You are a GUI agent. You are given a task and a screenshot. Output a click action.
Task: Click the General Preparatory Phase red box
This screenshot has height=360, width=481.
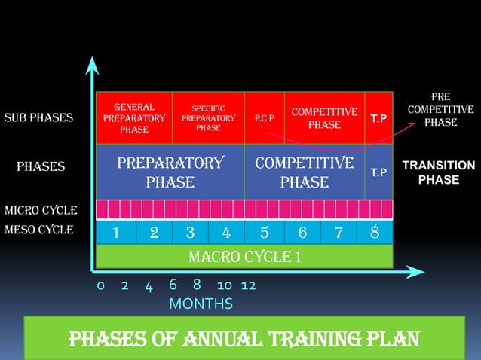(133, 118)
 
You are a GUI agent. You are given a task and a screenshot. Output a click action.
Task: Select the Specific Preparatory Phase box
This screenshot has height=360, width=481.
(209, 118)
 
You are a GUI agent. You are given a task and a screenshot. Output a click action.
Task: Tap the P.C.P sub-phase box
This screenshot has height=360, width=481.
(264, 118)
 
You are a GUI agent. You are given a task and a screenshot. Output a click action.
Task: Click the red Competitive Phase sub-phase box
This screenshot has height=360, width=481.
(324, 118)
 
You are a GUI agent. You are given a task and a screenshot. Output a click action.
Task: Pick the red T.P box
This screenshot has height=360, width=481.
(379, 118)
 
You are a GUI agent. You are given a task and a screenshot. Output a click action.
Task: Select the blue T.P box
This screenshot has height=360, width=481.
(379, 172)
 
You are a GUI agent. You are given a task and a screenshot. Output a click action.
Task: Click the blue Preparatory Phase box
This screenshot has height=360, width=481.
(170, 172)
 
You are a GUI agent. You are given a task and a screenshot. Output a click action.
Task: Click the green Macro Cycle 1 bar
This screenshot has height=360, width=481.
(244, 258)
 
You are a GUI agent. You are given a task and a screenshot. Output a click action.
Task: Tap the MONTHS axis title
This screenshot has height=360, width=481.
(201, 304)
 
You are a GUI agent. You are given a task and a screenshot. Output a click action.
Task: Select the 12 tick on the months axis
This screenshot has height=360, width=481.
(248, 286)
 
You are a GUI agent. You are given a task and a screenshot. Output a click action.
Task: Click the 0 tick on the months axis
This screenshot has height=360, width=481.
(100, 286)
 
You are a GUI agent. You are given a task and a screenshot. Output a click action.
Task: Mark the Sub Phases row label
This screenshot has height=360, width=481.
(38, 118)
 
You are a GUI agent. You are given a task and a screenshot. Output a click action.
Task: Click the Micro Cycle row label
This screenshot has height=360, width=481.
(39, 209)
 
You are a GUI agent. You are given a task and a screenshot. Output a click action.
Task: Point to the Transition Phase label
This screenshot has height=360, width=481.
(439, 172)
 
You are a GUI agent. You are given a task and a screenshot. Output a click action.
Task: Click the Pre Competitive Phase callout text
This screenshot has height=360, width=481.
(440, 110)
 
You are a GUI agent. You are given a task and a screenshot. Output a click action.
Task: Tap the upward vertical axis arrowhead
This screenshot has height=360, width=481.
(92, 63)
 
